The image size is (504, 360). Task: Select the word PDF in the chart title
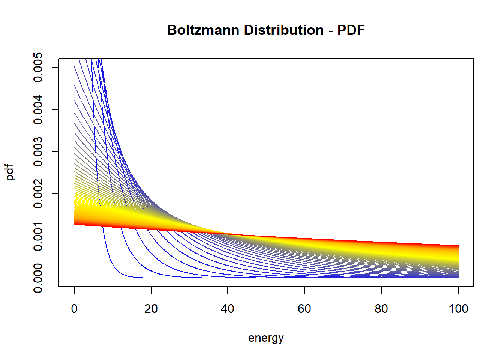tap(351, 30)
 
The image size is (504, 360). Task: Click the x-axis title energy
tap(266, 338)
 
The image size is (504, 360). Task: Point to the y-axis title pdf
tap(10, 172)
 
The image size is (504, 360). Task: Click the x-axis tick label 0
tap(74, 309)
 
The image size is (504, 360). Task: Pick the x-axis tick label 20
tap(151, 309)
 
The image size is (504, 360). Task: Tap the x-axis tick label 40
tap(228, 309)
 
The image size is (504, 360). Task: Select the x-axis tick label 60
tap(304, 309)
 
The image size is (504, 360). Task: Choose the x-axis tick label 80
tap(381, 309)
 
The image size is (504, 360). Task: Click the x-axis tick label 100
tap(458, 309)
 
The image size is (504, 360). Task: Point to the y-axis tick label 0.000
tap(38, 277)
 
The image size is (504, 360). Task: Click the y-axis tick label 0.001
tap(38, 235)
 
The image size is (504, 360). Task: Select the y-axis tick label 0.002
tap(38, 193)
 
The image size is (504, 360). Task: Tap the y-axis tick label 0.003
tap(38, 151)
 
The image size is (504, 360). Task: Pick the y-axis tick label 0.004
tap(38, 109)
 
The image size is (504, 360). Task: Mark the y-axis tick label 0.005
tap(38, 67)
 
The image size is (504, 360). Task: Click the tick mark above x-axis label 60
tap(304, 290)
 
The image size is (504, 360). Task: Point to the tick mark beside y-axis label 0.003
tap(55, 151)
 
